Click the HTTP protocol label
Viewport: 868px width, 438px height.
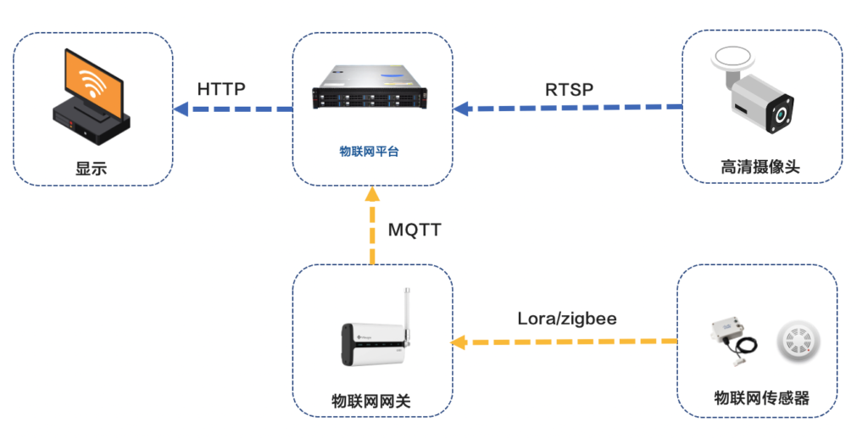221,89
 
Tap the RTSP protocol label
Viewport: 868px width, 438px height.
569,88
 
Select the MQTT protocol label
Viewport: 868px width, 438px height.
415,229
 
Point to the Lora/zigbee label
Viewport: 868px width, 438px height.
567,319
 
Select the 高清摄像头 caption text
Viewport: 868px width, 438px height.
760,168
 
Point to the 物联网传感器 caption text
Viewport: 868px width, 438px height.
761,398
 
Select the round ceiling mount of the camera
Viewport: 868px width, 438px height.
737,58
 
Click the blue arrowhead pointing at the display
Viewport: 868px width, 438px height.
180,108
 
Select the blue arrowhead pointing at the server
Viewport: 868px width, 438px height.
460,108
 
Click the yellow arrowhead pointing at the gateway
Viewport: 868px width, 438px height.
459,342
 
